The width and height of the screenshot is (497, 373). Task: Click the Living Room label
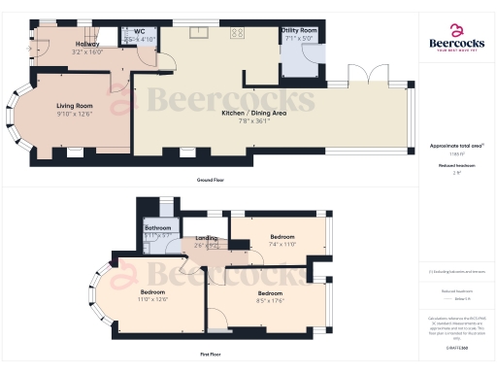75,105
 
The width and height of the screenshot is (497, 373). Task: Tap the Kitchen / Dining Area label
253,114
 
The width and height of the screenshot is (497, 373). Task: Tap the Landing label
207,238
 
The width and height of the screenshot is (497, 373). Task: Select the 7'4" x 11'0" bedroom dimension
282,244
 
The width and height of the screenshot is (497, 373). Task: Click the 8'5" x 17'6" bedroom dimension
270,300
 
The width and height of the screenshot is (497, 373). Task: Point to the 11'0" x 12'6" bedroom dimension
153,299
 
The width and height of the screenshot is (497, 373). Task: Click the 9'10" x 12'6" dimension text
75,114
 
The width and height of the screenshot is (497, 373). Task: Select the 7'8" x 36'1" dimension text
253,121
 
